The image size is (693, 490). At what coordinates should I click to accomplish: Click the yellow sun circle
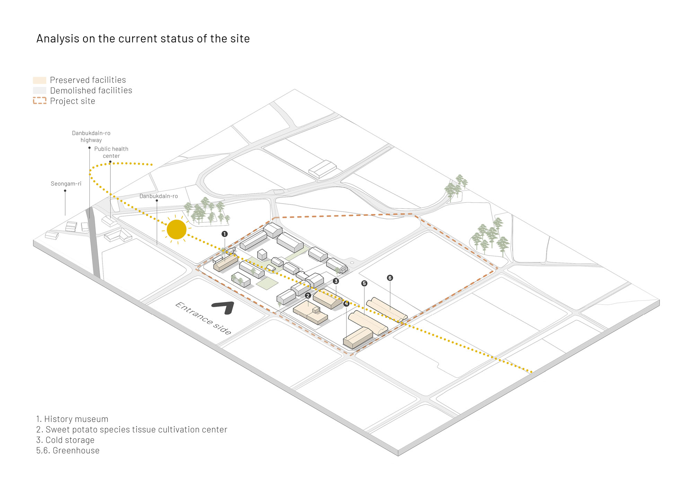(176, 229)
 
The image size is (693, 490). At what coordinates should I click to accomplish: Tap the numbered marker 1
(225, 234)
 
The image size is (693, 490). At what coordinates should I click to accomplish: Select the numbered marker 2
(308, 296)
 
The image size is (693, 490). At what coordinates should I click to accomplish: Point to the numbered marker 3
(336, 281)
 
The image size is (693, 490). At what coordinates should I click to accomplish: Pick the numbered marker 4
(346, 304)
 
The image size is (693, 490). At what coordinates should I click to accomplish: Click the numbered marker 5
(364, 283)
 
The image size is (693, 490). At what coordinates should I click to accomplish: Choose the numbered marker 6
(390, 278)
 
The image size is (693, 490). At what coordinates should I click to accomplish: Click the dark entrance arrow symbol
(224, 307)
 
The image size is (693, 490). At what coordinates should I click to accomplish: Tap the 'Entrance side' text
(203, 318)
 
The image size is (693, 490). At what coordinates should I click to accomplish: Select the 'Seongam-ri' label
(66, 184)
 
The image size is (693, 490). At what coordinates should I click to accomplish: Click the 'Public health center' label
(111, 152)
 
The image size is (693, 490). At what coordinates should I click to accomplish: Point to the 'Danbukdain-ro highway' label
(91, 136)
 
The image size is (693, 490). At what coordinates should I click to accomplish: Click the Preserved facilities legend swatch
(40, 80)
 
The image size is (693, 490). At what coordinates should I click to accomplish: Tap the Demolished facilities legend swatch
(40, 91)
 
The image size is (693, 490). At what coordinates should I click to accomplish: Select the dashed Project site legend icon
(40, 101)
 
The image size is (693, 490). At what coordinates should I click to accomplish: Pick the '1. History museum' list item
(72, 419)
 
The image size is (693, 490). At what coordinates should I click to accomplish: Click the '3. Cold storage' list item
(65, 440)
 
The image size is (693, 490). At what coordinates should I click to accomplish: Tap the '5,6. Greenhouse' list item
(68, 451)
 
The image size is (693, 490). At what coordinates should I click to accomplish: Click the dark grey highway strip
(94, 246)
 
